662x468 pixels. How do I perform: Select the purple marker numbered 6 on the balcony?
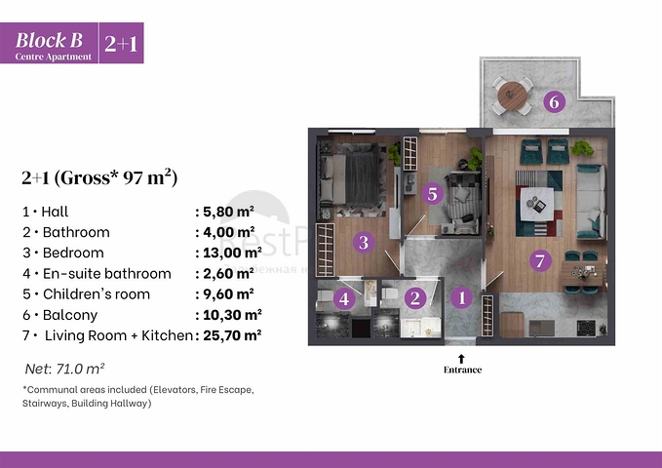[x=554, y=101]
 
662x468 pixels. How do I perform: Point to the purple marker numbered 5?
[x=433, y=194]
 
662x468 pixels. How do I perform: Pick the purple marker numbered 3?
[x=363, y=243]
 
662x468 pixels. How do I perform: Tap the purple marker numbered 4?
[x=344, y=299]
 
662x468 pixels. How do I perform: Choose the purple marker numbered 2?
[x=415, y=299]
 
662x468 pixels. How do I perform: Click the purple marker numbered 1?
[x=462, y=299]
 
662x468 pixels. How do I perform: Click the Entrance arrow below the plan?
[x=462, y=358]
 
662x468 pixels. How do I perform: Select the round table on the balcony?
[x=513, y=96]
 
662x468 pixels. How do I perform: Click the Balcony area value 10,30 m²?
[x=228, y=315]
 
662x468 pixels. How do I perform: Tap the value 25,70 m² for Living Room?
[x=230, y=335]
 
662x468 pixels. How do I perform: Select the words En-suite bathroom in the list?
[x=107, y=274]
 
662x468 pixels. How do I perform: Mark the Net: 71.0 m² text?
[x=65, y=369]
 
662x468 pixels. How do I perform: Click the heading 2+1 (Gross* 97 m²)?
[x=98, y=177]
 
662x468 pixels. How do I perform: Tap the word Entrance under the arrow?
[x=462, y=370]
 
